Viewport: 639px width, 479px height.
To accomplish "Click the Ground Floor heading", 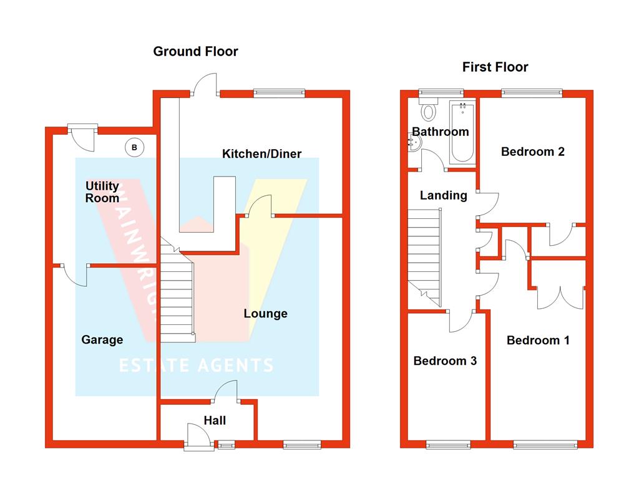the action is click(x=195, y=51).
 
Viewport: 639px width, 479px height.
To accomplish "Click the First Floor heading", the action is click(x=495, y=67).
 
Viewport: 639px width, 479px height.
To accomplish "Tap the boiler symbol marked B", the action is click(x=134, y=148).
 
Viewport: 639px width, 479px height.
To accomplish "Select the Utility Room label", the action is click(x=102, y=192).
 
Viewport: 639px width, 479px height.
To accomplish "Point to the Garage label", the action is click(x=102, y=340).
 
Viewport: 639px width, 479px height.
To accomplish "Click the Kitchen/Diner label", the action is click(x=261, y=153).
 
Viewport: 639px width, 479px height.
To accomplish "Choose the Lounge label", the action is click(x=265, y=313).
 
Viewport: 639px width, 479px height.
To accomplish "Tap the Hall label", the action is click(x=215, y=420).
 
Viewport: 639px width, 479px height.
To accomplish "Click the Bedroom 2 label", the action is click(x=533, y=152).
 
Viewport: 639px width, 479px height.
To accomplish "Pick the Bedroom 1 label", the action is click(x=538, y=340).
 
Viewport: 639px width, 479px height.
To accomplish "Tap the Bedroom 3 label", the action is click(x=445, y=360).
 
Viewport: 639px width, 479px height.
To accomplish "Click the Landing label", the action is click(x=443, y=195).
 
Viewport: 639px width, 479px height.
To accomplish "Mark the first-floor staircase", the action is click(x=425, y=256).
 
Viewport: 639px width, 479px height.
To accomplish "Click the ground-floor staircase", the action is click(x=178, y=293).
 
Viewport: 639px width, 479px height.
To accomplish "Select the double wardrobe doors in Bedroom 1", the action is click(x=560, y=296).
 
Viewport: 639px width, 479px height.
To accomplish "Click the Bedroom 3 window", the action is click(x=448, y=445).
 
